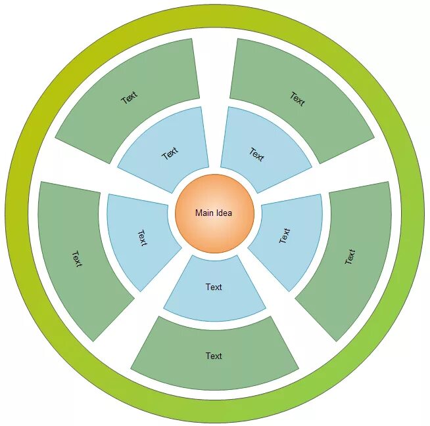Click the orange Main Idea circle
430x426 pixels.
(x=214, y=213)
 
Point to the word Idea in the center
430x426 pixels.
(x=224, y=213)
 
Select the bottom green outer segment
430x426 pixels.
(x=214, y=354)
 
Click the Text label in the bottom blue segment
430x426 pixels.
(x=214, y=287)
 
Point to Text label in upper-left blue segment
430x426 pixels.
(x=170, y=154)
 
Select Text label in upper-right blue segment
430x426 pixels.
(x=256, y=154)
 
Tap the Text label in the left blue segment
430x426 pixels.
(x=142, y=238)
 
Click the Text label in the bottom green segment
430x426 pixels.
(x=214, y=356)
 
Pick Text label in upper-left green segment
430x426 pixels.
(x=130, y=97)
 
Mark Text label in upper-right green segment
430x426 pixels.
(x=297, y=98)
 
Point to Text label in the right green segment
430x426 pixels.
(x=350, y=257)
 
